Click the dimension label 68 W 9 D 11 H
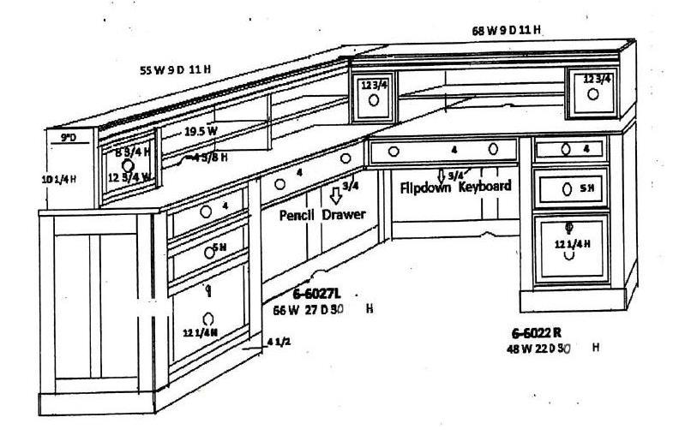click(x=508, y=30)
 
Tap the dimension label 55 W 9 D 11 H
click(x=176, y=69)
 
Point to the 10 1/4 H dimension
click(x=60, y=179)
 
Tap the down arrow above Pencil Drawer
click(x=335, y=195)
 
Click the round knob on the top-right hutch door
click(x=592, y=95)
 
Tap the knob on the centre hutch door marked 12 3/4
click(x=374, y=99)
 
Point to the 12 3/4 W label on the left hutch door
click(x=129, y=177)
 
